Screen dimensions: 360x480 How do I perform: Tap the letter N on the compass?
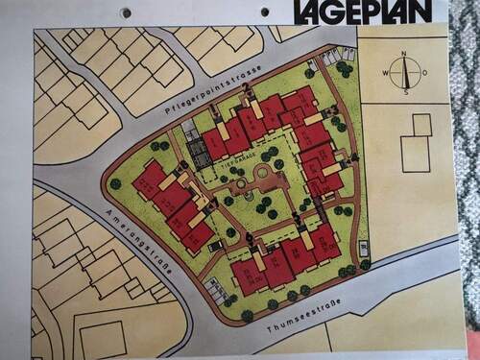point(405,53)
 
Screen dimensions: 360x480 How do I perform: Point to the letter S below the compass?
point(406,92)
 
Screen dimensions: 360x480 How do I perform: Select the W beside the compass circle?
point(386,73)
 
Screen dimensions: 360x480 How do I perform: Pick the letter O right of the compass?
point(425,72)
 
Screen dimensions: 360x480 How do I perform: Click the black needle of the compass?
point(406,72)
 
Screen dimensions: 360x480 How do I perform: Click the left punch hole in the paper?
point(126,12)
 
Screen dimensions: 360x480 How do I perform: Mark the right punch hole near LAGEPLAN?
point(265,12)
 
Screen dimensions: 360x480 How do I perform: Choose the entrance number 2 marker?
point(247,89)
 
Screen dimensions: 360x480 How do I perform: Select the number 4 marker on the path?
point(354,157)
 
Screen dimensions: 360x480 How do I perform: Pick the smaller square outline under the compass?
point(421,124)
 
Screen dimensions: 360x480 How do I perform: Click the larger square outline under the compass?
point(415,154)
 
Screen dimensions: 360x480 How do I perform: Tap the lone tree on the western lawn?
point(115,183)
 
